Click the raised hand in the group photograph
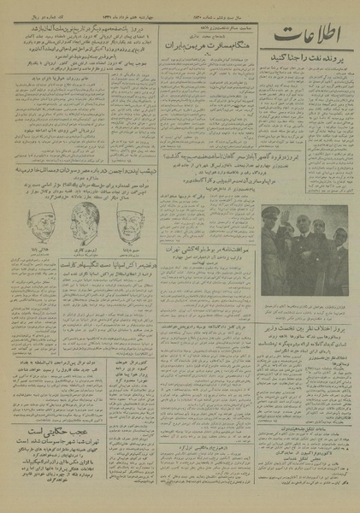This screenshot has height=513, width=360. (x=292, y=210)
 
